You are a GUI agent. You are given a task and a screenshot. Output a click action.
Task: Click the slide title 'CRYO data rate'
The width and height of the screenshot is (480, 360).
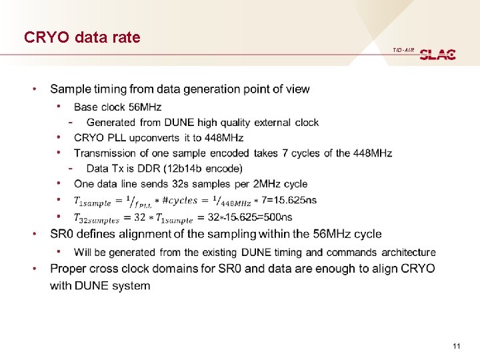tap(82, 37)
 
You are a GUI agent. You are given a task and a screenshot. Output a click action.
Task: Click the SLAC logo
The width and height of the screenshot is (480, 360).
tap(438, 54)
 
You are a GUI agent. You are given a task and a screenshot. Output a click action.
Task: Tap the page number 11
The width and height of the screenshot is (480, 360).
tap(457, 345)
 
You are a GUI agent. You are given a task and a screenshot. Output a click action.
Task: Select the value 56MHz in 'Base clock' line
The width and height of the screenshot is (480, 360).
tap(146, 107)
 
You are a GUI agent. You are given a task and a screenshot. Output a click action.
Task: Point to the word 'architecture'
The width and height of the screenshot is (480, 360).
tap(409, 252)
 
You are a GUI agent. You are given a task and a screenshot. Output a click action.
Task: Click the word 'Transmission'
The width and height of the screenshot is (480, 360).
tap(105, 153)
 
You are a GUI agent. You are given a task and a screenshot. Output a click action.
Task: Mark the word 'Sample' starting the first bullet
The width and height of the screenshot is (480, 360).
tap(70, 89)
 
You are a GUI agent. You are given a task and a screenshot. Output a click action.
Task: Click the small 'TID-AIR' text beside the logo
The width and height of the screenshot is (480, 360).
tap(403, 51)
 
